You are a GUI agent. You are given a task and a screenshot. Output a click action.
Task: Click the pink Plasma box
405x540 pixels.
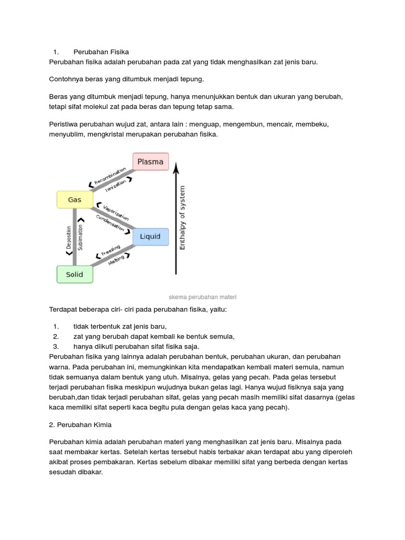150,161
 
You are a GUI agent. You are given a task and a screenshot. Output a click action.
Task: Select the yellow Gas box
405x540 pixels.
74,200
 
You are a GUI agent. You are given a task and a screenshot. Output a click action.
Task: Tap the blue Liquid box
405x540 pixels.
150,237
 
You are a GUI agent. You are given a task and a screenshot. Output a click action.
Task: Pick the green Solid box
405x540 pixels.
74,274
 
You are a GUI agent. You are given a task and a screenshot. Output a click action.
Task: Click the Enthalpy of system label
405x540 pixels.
182,217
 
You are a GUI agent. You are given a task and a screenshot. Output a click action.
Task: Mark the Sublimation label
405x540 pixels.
80,237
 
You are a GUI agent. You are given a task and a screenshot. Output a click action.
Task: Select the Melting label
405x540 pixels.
117,260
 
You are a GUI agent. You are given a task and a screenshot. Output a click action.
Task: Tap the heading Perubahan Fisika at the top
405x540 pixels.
101,52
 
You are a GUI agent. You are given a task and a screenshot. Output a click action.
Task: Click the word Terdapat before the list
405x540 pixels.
64,309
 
